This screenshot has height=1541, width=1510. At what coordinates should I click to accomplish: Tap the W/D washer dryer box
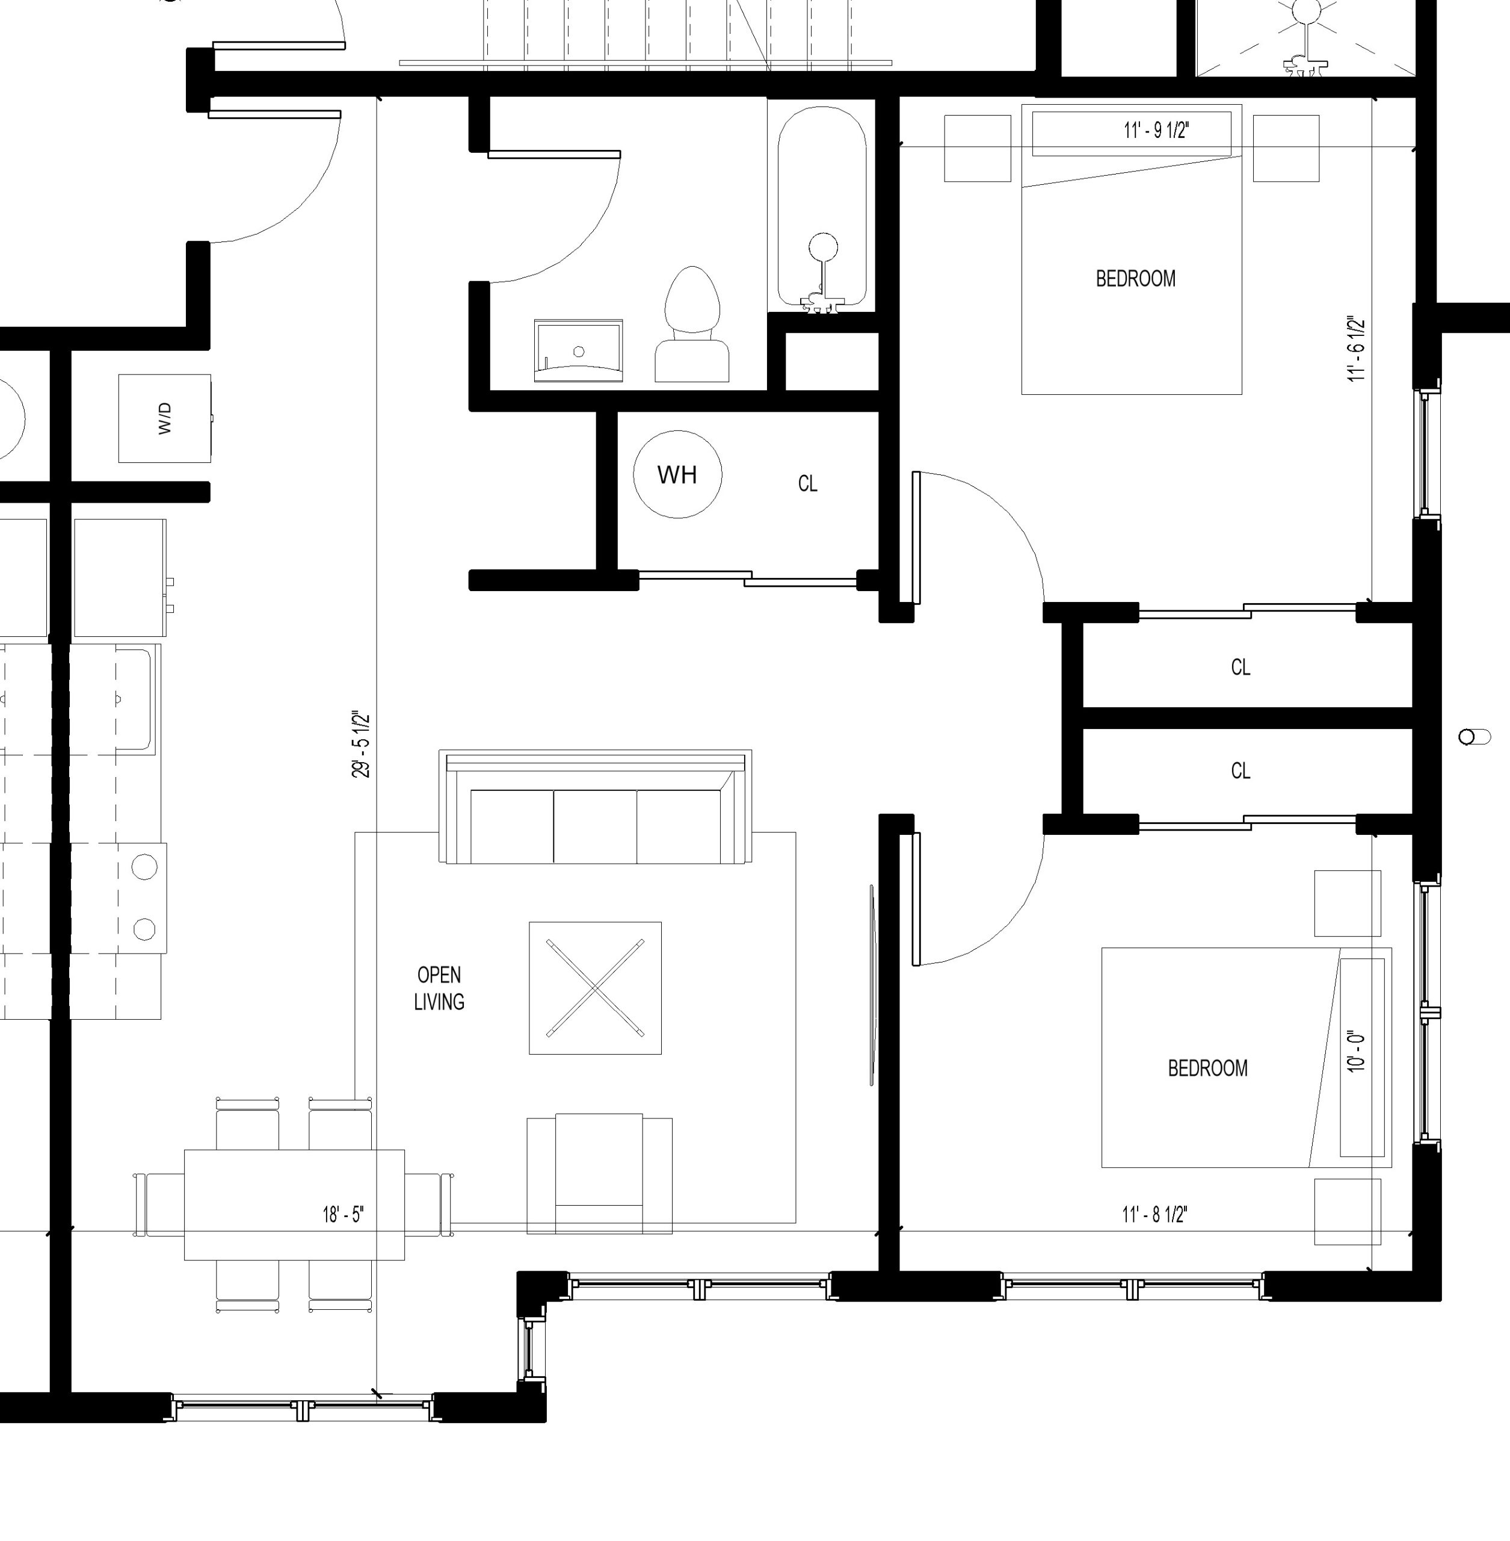(165, 418)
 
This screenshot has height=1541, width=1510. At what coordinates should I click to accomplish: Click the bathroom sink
(578, 351)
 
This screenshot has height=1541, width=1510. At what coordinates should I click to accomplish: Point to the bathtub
(822, 208)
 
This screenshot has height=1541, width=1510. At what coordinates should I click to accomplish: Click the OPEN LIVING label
(439, 988)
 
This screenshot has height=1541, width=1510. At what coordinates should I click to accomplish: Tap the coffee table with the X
(596, 988)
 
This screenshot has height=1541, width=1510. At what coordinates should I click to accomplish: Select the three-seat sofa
(596, 806)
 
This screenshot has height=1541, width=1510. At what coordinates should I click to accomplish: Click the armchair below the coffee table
(600, 1174)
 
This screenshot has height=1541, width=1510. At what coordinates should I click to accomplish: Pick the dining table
(294, 1205)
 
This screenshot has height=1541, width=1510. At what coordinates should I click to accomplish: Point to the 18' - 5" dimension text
(344, 1215)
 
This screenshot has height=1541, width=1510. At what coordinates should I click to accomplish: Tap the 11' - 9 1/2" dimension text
(1156, 130)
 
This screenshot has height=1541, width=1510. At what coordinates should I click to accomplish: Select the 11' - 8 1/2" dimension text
(1154, 1215)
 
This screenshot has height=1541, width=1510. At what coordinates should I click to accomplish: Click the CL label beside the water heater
(807, 483)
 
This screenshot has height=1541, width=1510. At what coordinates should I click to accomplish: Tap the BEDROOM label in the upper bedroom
(1136, 279)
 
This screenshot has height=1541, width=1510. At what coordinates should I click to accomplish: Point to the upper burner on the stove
(144, 867)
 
